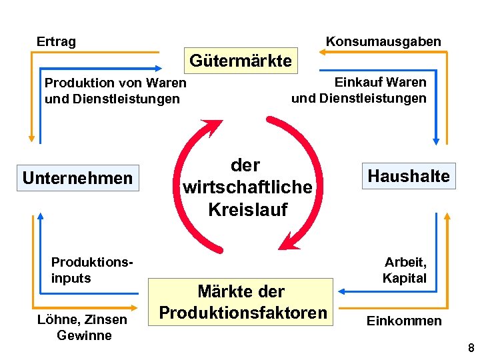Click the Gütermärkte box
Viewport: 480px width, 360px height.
(x=241, y=61)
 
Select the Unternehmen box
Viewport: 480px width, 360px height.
(x=78, y=178)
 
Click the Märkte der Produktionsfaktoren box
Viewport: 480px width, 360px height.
(x=243, y=302)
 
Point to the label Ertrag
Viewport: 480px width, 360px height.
(x=56, y=41)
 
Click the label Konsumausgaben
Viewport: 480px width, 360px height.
(x=383, y=41)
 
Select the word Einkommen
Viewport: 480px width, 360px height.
(x=404, y=321)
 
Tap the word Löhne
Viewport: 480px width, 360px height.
(x=55, y=319)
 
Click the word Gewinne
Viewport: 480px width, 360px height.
(x=84, y=335)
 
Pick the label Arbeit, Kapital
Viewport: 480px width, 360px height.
(x=404, y=270)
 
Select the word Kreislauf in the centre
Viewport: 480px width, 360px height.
(x=247, y=209)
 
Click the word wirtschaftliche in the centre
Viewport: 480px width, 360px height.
(x=247, y=187)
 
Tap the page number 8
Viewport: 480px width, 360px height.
(x=471, y=348)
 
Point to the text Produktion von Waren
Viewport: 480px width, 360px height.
(x=115, y=83)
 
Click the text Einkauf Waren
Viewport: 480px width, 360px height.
(x=380, y=82)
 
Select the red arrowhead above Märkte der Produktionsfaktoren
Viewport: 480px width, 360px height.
(x=288, y=241)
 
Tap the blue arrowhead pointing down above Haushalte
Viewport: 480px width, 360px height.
(x=436, y=141)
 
